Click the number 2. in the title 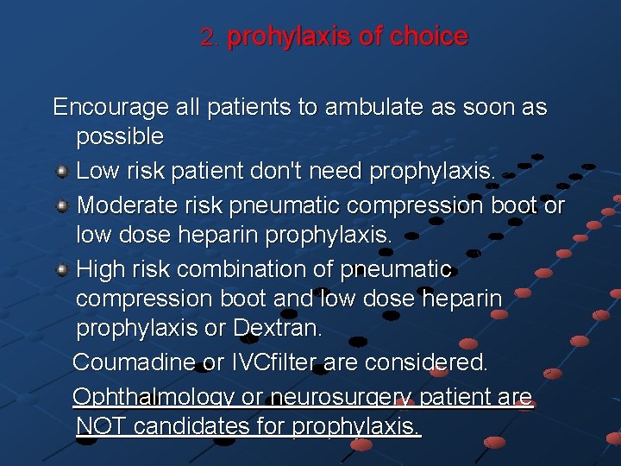pyautogui.click(x=210, y=37)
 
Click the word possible pyautogui.click(x=120, y=136)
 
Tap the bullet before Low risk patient pyautogui.click(x=62, y=172)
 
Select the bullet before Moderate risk pyautogui.click(x=62, y=206)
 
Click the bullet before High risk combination pyautogui.click(x=62, y=270)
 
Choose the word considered pyautogui.click(x=430, y=362)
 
